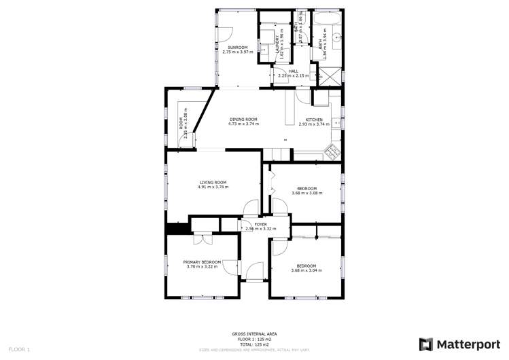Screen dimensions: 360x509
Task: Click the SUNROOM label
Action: click(237, 48)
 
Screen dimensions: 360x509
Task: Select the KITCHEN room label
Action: click(313, 120)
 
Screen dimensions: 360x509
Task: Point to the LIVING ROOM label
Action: click(213, 182)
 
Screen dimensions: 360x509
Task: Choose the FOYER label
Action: click(260, 224)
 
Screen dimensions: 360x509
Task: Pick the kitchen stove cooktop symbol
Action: click(333, 151)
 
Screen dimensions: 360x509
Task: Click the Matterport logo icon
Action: click(426, 344)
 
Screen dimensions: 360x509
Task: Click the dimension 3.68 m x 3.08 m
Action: click(306, 193)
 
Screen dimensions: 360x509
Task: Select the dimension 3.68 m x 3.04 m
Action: click(306, 270)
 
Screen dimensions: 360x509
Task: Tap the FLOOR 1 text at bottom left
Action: click(19, 349)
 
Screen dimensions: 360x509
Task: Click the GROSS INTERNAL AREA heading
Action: click(254, 335)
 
